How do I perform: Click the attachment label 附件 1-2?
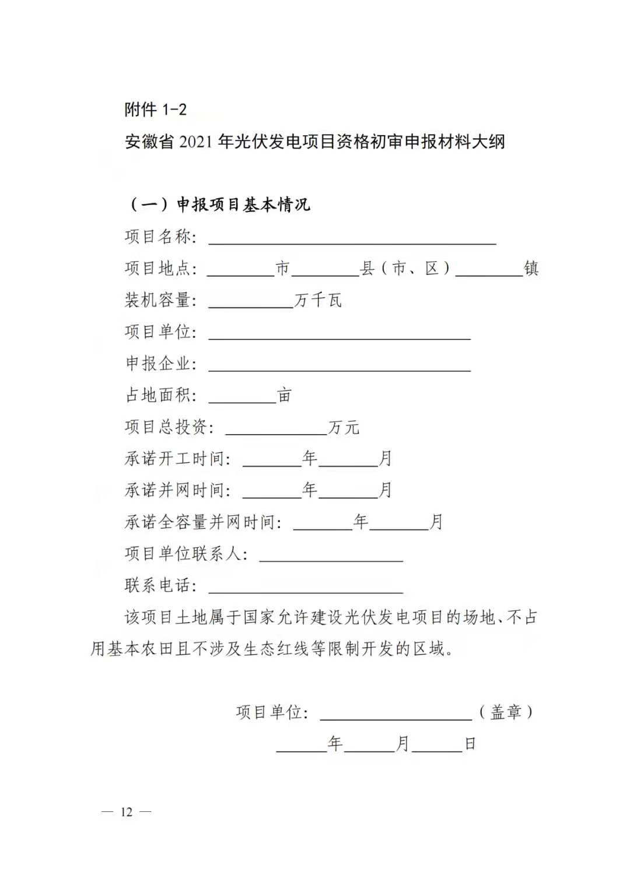[x=155, y=109]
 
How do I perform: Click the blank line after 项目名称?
[x=352, y=239]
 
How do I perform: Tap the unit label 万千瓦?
[x=318, y=300]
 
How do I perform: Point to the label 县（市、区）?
[x=406, y=268]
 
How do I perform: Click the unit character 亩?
[x=284, y=395]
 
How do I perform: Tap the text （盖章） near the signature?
[x=506, y=712]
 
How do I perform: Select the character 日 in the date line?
[x=470, y=744]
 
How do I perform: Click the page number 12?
[x=127, y=812]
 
